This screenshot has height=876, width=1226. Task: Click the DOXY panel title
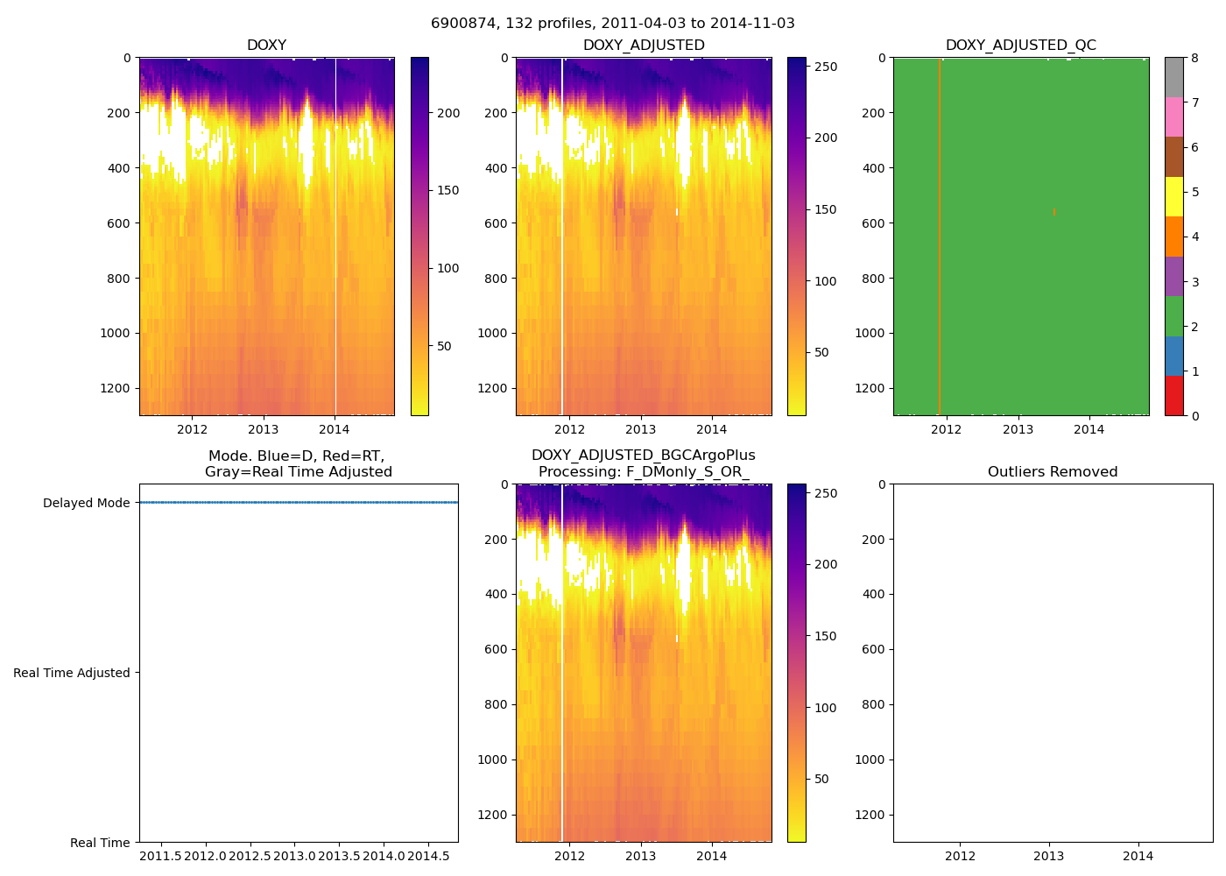pyautogui.click(x=266, y=45)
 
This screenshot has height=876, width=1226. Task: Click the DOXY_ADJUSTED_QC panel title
pyautogui.click(x=1020, y=45)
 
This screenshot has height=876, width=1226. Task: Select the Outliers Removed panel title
pyautogui.click(x=1053, y=471)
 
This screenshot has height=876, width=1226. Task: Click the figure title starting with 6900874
pyautogui.click(x=612, y=23)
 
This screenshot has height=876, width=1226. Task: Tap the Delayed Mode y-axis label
pyautogui.click(x=86, y=503)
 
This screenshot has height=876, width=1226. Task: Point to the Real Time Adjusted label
pyautogui.click(x=71, y=673)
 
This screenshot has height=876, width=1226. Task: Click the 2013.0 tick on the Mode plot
pyautogui.click(x=294, y=855)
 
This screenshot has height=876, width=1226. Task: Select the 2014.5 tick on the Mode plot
pyautogui.click(x=428, y=855)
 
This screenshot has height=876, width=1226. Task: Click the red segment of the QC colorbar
pyautogui.click(x=1173, y=395)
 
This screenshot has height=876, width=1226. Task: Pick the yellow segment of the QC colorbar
pyautogui.click(x=1173, y=196)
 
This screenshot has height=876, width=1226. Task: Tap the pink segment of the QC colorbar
pyautogui.click(x=1173, y=117)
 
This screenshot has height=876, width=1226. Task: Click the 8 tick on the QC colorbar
pyautogui.click(x=1194, y=58)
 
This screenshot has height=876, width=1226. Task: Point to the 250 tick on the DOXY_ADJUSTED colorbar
pyautogui.click(x=826, y=67)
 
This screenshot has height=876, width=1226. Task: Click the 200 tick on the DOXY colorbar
pyautogui.click(x=448, y=113)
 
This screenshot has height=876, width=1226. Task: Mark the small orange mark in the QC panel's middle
pyautogui.click(x=1053, y=211)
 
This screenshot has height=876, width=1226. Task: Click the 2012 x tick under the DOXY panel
pyautogui.click(x=192, y=429)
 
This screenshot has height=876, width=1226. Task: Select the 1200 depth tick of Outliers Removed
pyautogui.click(x=867, y=815)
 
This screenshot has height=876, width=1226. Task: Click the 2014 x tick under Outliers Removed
pyautogui.click(x=1138, y=856)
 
